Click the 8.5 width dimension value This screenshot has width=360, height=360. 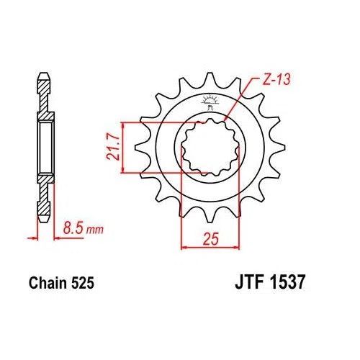pos(71,230)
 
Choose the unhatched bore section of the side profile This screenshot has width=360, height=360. pos(44,148)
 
